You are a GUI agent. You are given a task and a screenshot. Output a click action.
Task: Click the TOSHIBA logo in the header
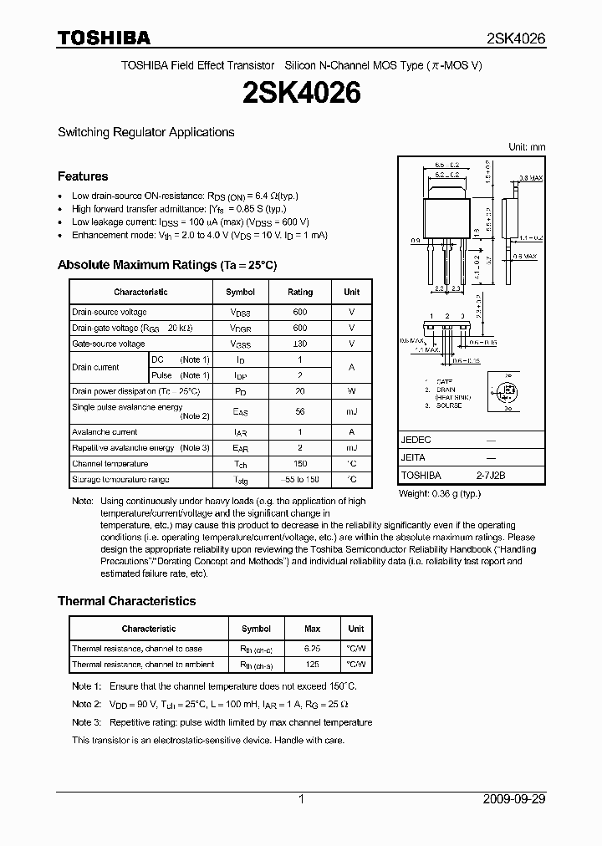[104, 38]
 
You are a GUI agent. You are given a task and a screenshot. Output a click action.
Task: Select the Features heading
[83, 176]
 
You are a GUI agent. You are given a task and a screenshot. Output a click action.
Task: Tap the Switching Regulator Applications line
[145, 132]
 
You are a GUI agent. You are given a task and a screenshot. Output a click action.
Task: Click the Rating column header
[300, 292]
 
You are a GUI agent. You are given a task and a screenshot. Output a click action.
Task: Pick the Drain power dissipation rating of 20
[300, 391]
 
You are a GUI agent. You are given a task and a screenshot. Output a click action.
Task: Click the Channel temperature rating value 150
[300, 464]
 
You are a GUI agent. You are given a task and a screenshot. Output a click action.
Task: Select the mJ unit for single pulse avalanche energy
[351, 411]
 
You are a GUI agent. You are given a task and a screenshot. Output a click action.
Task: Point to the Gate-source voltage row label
[108, 344]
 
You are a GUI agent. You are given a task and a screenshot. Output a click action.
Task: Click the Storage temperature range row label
[120, 480]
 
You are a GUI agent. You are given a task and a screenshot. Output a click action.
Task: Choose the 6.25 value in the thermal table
[313, 649]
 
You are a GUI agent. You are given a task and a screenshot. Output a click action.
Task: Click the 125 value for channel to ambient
[313, 665]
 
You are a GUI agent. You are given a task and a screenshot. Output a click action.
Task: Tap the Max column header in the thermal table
[313, 629]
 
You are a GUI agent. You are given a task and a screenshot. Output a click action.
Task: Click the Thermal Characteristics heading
[126, 601]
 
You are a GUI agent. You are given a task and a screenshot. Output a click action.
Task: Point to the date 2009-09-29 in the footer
[514, 799]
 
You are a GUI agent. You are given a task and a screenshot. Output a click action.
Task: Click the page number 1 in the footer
[301, 799]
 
